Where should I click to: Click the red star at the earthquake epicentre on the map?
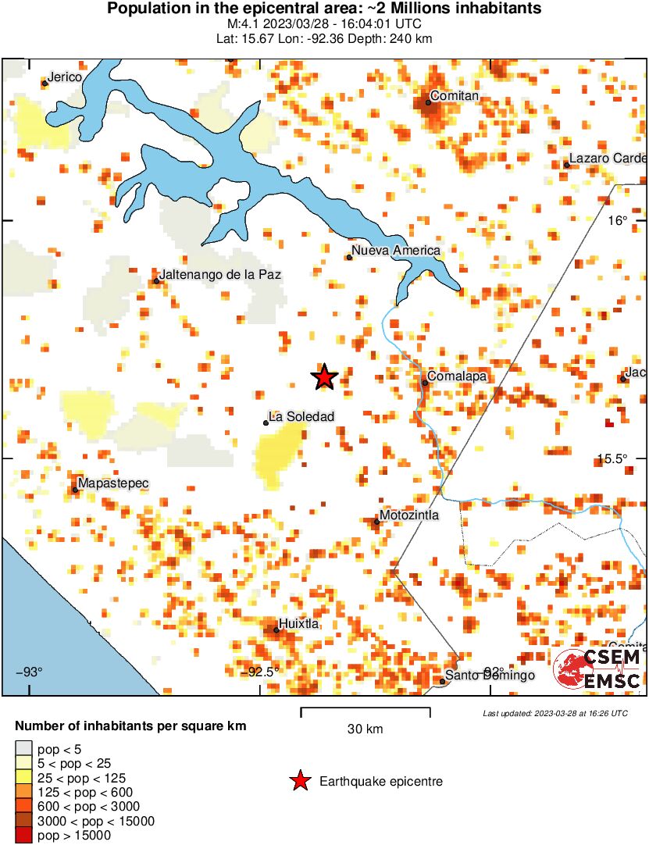tap(324, 377)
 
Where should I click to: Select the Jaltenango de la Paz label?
tap(219, 275)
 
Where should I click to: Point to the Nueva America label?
tap(396, 251)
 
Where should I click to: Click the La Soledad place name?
tap(301, 417)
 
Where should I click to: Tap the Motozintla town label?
tap(409, 515)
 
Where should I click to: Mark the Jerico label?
tap(65, 77)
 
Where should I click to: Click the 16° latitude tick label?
tap(619, 221)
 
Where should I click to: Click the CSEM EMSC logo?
tap(597, 669)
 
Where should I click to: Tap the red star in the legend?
tap(300, 781)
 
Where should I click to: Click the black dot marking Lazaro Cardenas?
tap(566, 164)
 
